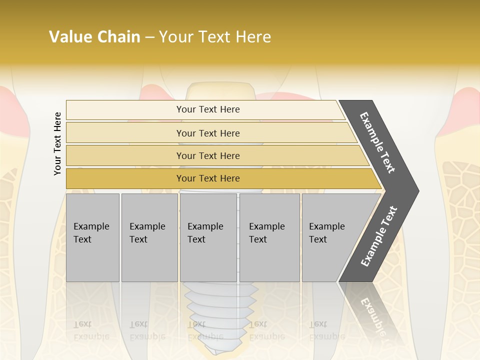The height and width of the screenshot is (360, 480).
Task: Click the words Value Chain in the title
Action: pyautogui.click(x=94, y=37)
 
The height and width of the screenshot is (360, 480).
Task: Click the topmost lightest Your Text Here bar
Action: pyautogui.click(x=207, y=109)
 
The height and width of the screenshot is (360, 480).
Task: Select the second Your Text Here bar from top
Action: pyautogui.click(x=207, y=133)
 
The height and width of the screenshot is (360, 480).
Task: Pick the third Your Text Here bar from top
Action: pyautogui.click(x=207, y=155)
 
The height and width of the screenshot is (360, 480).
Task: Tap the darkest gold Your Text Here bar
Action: pyautogui.click(x=207, y=178)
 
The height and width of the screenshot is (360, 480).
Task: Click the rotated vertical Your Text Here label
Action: pyautogui.click(x=57, y=143)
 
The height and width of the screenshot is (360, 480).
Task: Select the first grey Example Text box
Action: pyautogui.click(x=92, y=237)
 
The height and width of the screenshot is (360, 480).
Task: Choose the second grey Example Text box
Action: pyautogui.click(x=149, y=237)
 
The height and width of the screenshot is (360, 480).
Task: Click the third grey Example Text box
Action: pyautogui.click(x=208, y=237)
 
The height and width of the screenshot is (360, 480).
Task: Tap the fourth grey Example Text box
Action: pyautogui.click(x=269, y=237)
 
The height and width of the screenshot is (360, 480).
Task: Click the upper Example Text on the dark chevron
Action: pyautogui.click(x=378, y=143)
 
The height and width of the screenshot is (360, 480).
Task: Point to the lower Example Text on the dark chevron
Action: pyautogui.click(x=379, y=236)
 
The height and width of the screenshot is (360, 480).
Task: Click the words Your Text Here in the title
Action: pyautogui.click(x=215, y=37)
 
